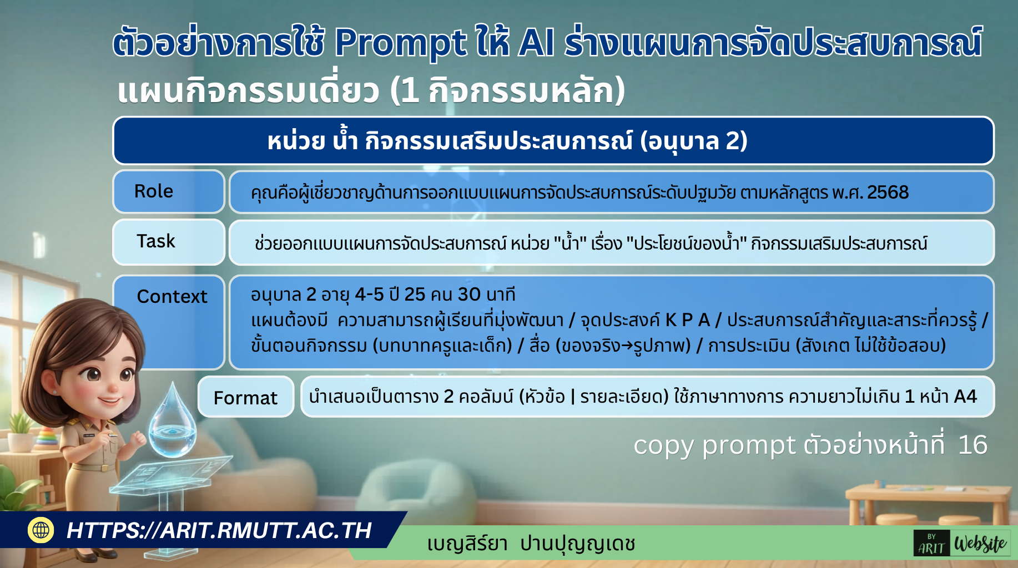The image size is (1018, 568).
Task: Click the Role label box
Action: click(x=168, y=191)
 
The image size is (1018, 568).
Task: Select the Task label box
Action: click(x=168, y=242)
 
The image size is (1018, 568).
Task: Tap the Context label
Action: click(x=172, y=297)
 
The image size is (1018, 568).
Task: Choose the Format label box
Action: click(x=245, y=397)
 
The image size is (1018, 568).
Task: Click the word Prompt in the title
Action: click(x=400, y=43)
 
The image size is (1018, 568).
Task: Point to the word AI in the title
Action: click(x=536, y=43)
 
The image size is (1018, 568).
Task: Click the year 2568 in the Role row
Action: click(x=888, y=192)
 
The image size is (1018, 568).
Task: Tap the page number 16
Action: click(x=972, y=445)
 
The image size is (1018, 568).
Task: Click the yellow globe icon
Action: click(x=41, y=530)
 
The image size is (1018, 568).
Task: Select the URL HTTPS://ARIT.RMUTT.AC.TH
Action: click(x=219, y=530)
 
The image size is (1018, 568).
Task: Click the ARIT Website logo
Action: click(x=962, y=544)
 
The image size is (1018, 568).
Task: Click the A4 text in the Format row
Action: click(x=965, y=397)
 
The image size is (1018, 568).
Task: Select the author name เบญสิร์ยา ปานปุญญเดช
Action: click(x=531, y=544)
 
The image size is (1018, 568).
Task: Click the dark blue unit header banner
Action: click(x=553, y=141)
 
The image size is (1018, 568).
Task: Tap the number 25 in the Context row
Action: click(x=414, y=295)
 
